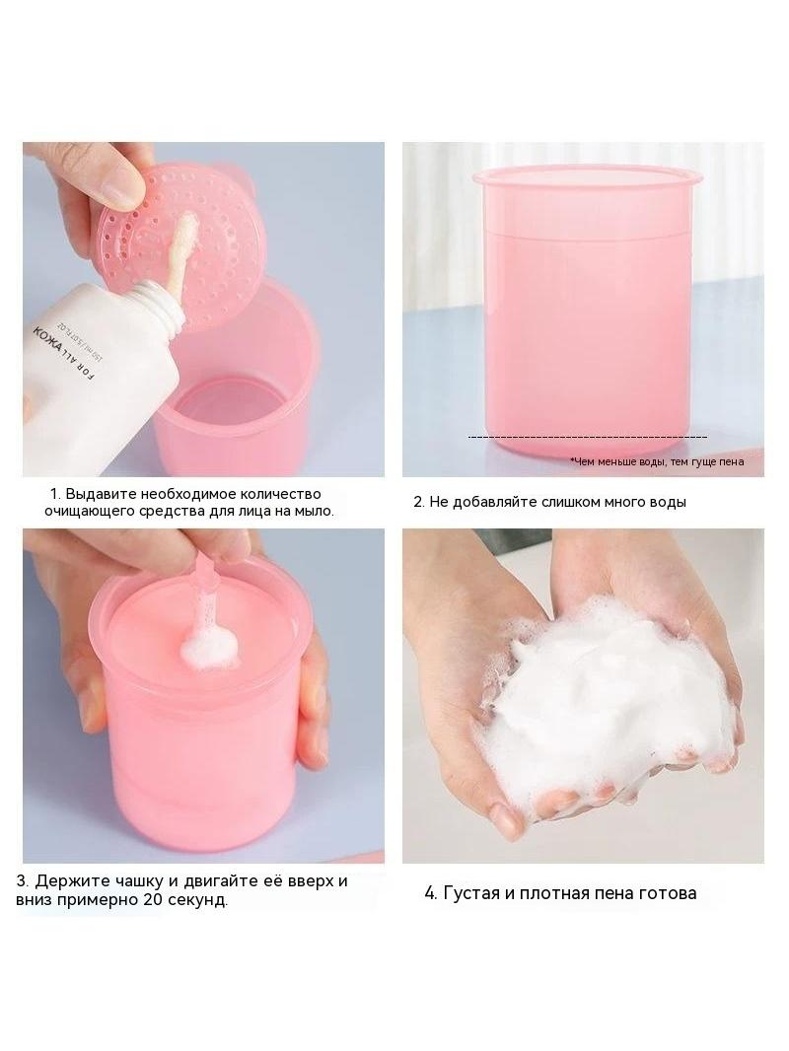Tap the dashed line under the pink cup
[x=587, y=438]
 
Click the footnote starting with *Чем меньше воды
[x=656, y=461]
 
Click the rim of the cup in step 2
[x=589, y=177]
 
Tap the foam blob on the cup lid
[x=209, y=646]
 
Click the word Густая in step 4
[x=472, y=893]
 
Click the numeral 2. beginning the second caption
[x=419, y=502]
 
